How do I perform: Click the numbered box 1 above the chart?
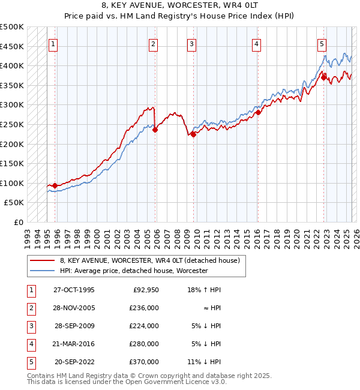coord(53,43)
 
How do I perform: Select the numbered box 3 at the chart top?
coord(191,43)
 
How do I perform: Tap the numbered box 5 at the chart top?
coord(322,43)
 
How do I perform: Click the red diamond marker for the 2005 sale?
coord(155,129)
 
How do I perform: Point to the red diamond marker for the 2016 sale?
coord(258,112)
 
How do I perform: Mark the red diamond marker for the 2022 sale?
coord(323,77)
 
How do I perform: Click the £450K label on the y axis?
coord(12,46)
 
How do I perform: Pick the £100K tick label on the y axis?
coord(12,183)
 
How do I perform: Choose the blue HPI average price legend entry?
coord(133,271)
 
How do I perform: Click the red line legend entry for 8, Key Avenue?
coord(149,260)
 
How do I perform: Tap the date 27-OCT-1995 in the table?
coord(74,290)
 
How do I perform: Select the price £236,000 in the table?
coord(145,308)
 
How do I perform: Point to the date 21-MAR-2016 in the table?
coord(74,344)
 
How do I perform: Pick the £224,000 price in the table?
coord(145,326)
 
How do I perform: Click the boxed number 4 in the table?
coord(31,344)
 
